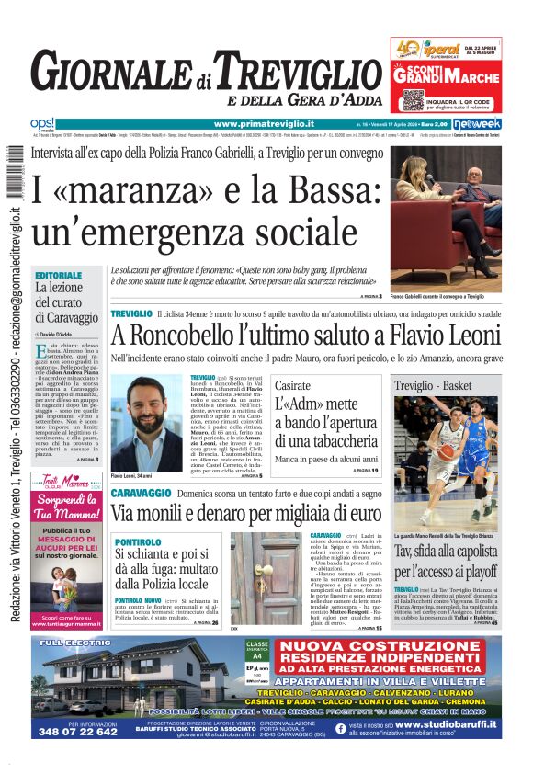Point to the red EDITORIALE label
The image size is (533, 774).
[x=58, y=275]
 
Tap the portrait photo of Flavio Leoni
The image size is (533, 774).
[x=146, y=423]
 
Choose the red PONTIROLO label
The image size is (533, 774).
[x=138, y=542]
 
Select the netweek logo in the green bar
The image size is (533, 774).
[x=477, y=123]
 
